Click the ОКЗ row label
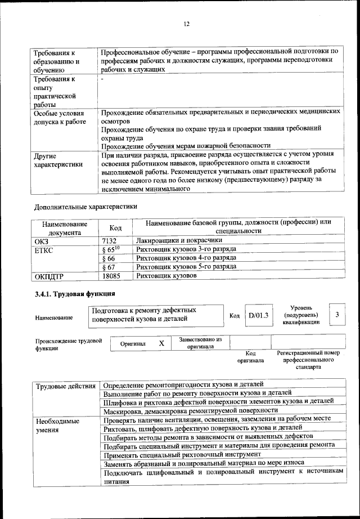tap(42, 240)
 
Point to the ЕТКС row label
tap(45, 249)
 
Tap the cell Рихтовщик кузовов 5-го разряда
tap(186, 267)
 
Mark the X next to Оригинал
tap(161, 343)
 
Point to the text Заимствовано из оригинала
tap(200, 343)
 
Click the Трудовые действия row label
tap(65, 386)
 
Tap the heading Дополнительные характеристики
tap(85, 206)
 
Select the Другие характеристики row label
tap(58, 160)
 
